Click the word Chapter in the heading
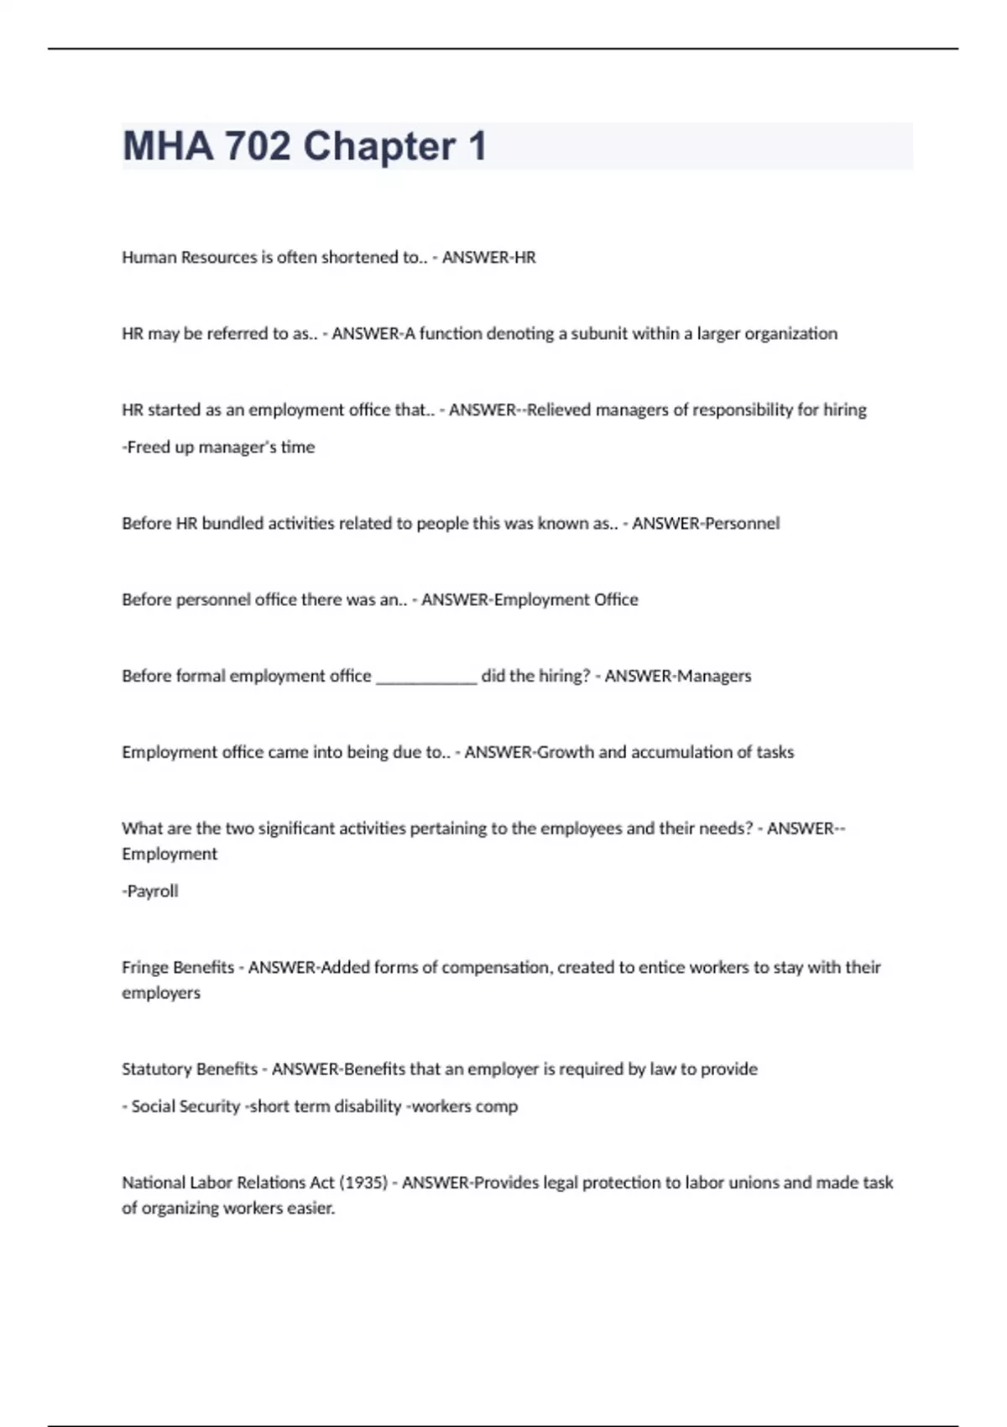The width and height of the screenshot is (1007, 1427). [x=379, y=146]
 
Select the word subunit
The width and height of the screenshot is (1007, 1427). [x=599, y=333]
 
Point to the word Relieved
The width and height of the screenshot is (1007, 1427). [x=559, y=410]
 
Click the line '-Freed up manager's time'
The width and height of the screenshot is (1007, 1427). [x=218, y=447]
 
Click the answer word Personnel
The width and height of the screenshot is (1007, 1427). [x=742, y=523]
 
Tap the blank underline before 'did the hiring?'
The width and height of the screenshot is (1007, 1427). [x=426, y=677]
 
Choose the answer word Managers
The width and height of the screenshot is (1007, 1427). [x=714, y=676]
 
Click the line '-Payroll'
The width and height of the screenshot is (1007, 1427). [x=150, y=891]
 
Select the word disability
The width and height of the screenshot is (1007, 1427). [x=368, y=1106]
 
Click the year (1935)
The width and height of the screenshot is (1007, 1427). [x=363, y=1183]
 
